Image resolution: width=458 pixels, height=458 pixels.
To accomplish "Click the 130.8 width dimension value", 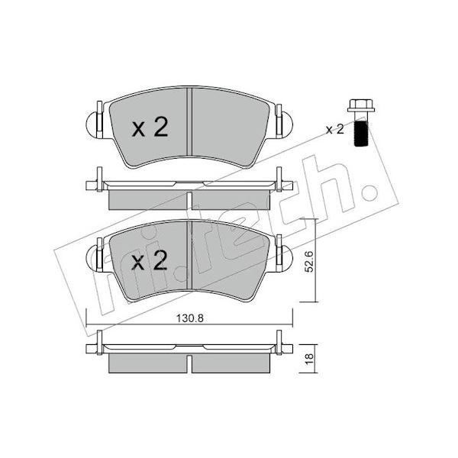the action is [189, 318].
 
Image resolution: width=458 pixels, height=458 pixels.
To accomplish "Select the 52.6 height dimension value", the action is [308, 262].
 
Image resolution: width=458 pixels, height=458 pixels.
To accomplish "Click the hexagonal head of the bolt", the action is [361, 106].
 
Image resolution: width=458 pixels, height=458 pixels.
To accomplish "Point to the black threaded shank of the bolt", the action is [361, 133].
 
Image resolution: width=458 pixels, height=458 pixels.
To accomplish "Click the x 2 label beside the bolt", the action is [335, 130].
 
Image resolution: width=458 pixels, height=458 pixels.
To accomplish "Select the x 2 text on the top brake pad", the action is [150, 127].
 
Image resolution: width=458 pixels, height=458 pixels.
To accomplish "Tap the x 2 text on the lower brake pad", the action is [150, 260].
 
